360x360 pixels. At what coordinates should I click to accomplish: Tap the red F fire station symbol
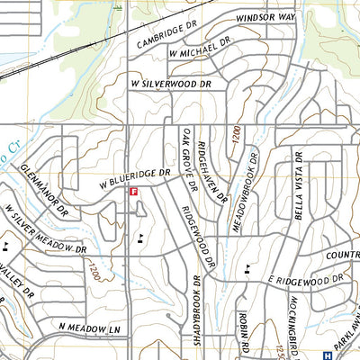134,192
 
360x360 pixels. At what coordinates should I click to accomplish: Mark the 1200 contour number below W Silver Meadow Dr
93,269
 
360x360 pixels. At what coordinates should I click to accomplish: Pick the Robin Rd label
243,331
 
